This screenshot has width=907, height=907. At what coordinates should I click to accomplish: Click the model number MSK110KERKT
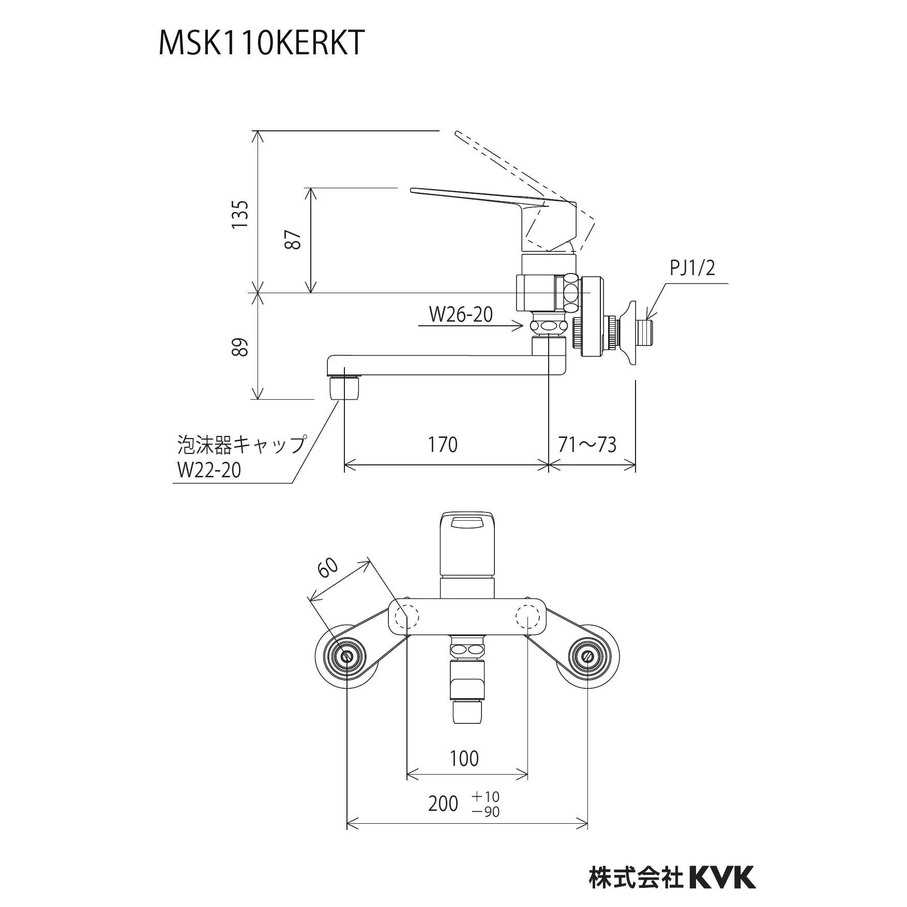coord(261,42)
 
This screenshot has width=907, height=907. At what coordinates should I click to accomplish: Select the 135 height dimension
coord(240,214)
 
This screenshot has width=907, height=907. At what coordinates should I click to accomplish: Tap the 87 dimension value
coord(294,239)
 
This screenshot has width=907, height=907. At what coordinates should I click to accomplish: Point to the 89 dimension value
coord(240,347)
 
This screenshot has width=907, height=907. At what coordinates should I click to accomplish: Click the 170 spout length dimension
coord(443,445)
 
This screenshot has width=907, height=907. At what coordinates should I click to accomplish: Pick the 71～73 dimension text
coord(587,445)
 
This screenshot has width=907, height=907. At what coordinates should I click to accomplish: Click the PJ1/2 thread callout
coord(692,268)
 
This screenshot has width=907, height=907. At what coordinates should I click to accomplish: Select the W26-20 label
coord(461,314)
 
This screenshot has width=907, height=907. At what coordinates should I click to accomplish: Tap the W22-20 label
coord(209,470)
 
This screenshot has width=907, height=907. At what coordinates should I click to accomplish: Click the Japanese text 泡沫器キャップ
coord(241,445)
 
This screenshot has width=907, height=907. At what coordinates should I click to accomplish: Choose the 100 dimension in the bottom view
coord(464,759)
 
